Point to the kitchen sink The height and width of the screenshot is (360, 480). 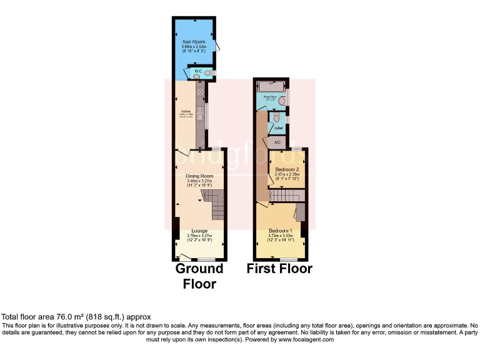pos(201,114)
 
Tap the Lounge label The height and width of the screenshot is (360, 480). pos(199,231)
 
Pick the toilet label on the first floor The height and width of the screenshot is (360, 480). pos(279,128)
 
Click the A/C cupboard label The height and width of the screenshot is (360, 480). pos(278,142)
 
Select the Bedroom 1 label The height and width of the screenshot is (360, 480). pos(277,230)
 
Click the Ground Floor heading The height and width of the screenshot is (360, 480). pos(199,276)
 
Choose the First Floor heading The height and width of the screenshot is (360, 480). pos(279,269)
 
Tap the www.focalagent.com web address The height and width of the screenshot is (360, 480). pos(302,340)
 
